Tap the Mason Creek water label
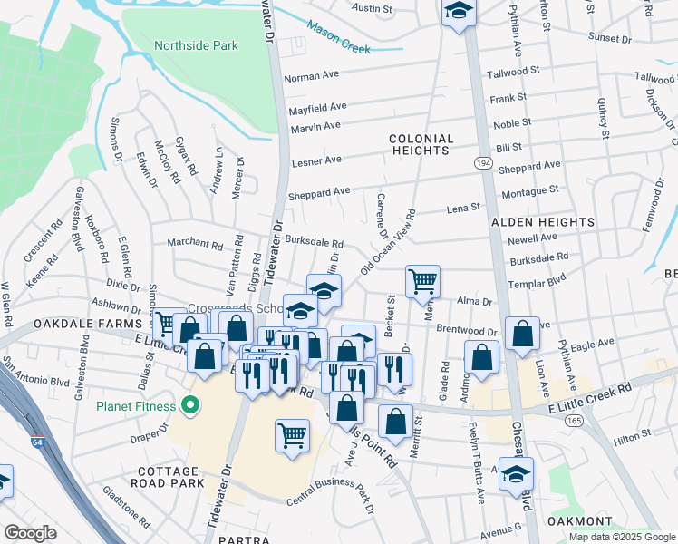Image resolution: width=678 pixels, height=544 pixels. pyautogui.click(x=338, y=37)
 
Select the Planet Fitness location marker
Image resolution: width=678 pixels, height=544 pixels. pyautogui.click(x=190, y=404)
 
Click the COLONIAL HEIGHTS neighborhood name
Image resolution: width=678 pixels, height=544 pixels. pyautogui.click(x=421, y=145)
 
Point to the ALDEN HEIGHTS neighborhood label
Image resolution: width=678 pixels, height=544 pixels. pyautogui.click(x=543, y=222)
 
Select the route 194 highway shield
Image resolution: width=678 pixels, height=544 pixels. pyautogui.click(x=480, y=161)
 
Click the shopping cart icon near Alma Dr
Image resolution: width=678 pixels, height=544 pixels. pyautogui.click(x=422, y=280)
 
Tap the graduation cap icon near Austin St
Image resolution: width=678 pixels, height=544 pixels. pyautogui.click(x=459, y=12)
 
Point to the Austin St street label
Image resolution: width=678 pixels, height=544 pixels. pyautogui.click(x=372, y=8)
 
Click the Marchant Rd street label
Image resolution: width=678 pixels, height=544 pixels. pyautogui.click(x=194, y=244)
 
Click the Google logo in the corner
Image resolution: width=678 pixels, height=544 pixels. pyautogui.click(x=31, y=533)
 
